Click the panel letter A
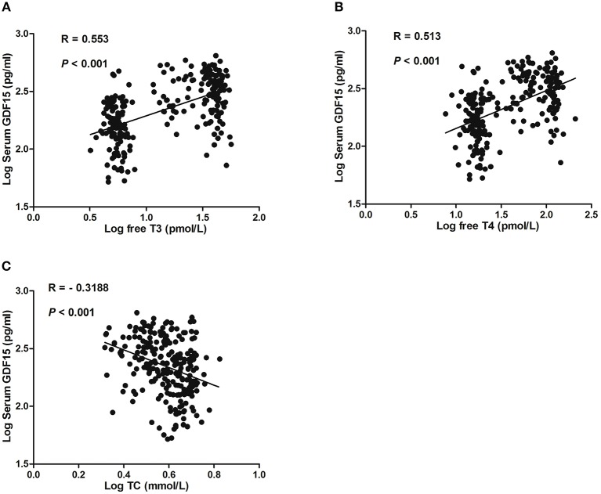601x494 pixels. (x=5, y=7)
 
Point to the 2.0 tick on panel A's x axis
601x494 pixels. (x=259, y=217)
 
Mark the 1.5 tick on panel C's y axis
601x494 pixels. (x=19, y=463)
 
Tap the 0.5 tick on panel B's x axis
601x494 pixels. (x=408, y=214)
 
